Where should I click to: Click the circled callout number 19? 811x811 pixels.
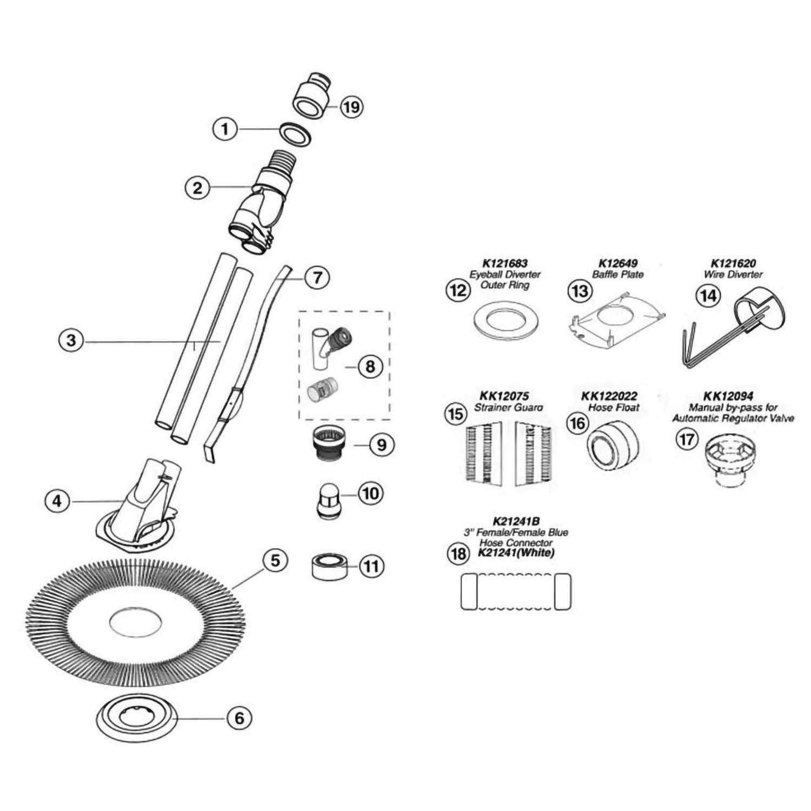click(x=351, y=107)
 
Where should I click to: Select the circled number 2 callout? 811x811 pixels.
click(x=197, y=188)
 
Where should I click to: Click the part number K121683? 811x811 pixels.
click(x=504, y=264)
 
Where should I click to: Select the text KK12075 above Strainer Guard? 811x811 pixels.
click(x=504, y=396)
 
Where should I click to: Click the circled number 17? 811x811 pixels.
click(x=687, y=438)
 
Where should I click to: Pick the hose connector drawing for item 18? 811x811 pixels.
click(x=516, y=591)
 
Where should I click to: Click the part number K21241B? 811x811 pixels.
click(x=509, y=522)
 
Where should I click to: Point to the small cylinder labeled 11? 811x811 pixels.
click(x=329, y=566)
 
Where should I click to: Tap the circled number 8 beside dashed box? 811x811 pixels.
click(x=370, y=367)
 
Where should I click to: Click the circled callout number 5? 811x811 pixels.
click(x=276, y=561)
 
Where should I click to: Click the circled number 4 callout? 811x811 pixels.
click(x=57, y=501)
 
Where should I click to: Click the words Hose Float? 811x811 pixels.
click(x=613, y=408)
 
